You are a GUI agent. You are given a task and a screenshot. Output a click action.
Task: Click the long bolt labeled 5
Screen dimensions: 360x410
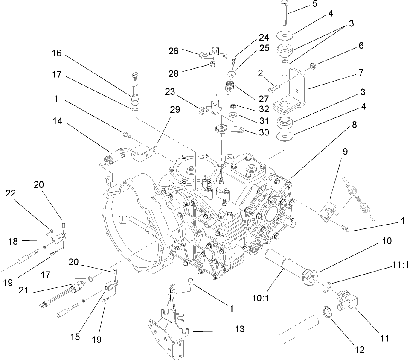(x=285, y=13)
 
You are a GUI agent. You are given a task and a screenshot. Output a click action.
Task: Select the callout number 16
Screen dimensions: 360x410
(x=56, y=53)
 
